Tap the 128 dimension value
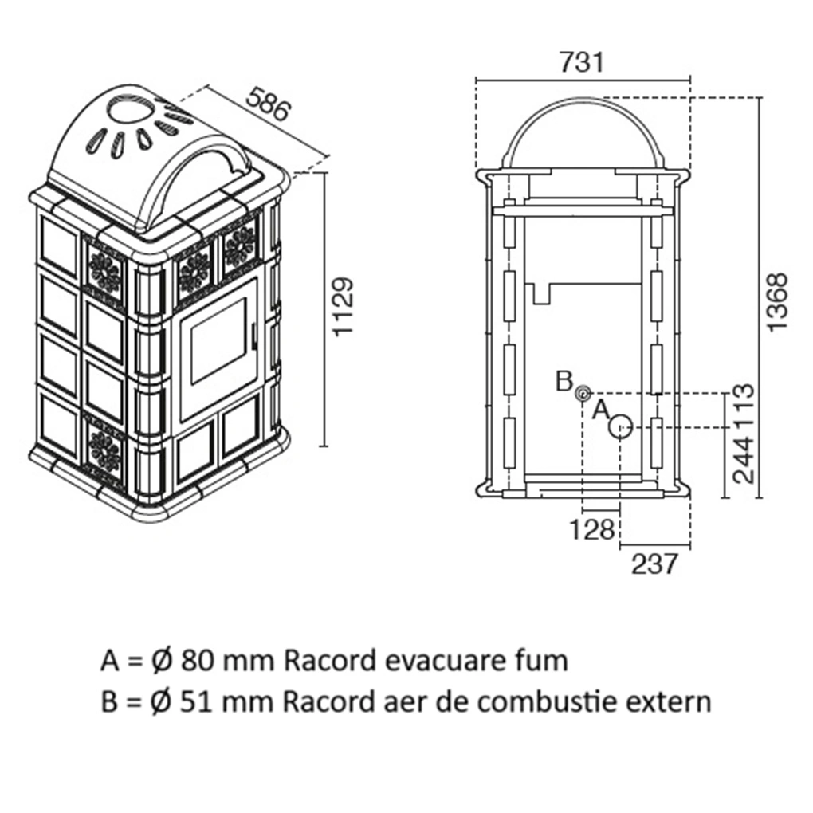593,529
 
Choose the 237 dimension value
654,564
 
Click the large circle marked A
620,428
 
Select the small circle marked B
583,392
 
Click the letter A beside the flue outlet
602,410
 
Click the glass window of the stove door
216,345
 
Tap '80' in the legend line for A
196,660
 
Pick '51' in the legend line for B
196,701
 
